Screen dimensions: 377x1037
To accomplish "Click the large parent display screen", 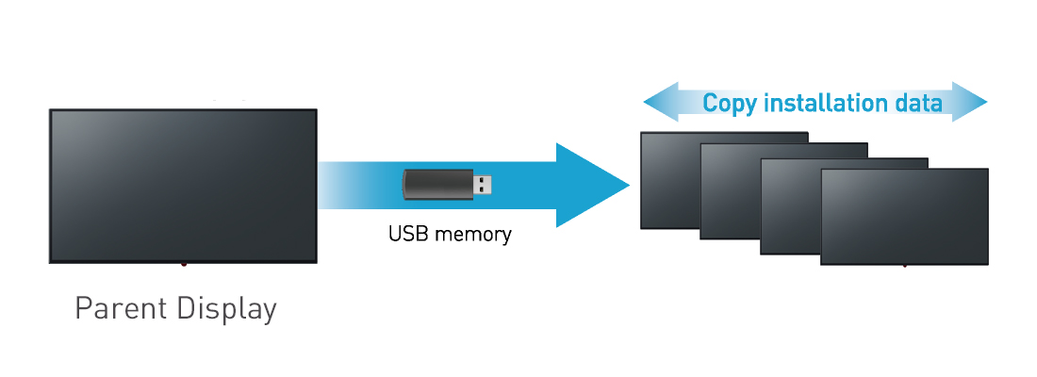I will click(183, 185).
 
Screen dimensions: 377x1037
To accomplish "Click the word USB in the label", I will click(406, 233).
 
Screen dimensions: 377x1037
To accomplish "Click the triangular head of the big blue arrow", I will click(589, 186).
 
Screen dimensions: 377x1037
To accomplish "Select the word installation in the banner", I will click(829, 103).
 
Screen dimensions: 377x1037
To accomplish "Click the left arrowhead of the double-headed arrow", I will click(660, 102).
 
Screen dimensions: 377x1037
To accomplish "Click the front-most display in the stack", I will click(904, 217).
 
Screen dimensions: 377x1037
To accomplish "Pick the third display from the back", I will click(788, 207).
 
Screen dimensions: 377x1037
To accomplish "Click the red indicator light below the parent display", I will click(184, 265).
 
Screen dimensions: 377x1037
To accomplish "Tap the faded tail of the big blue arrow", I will click(344, 185).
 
